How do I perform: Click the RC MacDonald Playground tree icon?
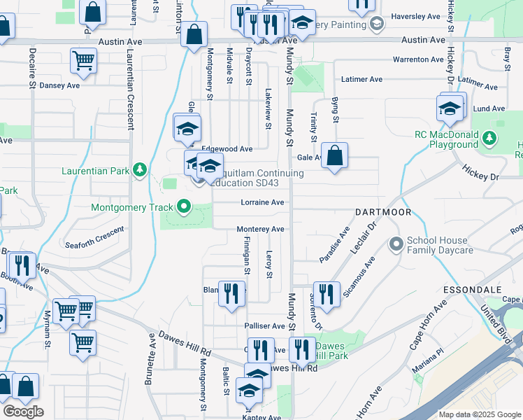pyautogui.click(x=491, y=138)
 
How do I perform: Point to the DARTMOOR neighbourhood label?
pyautogui.click(x=380, y=211)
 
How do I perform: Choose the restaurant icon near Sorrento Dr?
pyautogui.click(x=327, y=293)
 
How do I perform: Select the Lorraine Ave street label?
pyautogui.click(x=262, y=202)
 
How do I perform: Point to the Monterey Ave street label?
pyautogui.click(x=260, y=229)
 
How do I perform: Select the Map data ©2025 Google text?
pyautogui.click(x=480, y=414)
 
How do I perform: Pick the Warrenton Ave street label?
pyautogui.click(x=420, y=59)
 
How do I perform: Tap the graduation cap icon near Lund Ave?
pyautogui.click(x=448, y=108)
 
